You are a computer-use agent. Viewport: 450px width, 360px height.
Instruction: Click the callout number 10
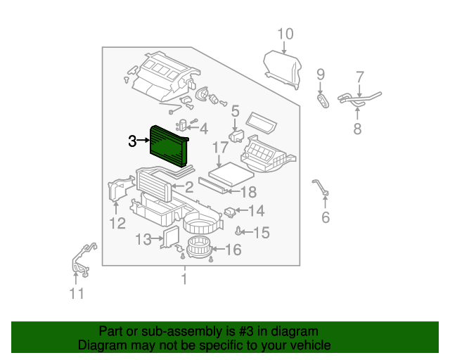pyautogui.click(x=285, y=34)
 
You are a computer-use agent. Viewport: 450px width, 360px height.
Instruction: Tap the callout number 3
pyautogui.click(x=133, y=141)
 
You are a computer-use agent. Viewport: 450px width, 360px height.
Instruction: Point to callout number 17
pyautogui.click(x=220, y=148)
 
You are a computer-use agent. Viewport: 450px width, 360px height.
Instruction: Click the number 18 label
pyautogui.click(x=248, y=192)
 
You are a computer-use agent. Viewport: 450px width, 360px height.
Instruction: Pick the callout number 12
pyautogui.click(x=117, y=224)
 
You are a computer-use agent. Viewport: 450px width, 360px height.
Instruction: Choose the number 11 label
pyautogui.click(x=77, y=293)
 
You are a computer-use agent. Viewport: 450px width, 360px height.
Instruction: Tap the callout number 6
pyautogui.click(x=325, y=217)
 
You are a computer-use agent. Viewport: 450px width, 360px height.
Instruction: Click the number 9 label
pyautogui.click(x=321, y=75)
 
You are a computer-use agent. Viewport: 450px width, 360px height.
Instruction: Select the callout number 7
pyautogui.click(x=360, y=76)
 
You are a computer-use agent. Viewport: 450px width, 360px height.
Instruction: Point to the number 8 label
pyautogui.click(x=357, y=128)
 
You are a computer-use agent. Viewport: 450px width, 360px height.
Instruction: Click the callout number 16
pyautogui.click(x=233, y=250)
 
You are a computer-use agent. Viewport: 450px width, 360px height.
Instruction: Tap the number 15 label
pyautogui.click(x=261, y=232)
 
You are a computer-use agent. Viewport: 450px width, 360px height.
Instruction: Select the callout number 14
pyautogui.click(x=256, y=210)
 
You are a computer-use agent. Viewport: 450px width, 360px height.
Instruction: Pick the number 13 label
pyautogui.click(x=143, y=240)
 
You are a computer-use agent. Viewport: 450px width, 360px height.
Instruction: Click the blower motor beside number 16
pyautogui.click(x=198, y=247)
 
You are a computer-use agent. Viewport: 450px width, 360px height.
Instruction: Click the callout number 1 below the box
pyautogui.click(x=184, y=279)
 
